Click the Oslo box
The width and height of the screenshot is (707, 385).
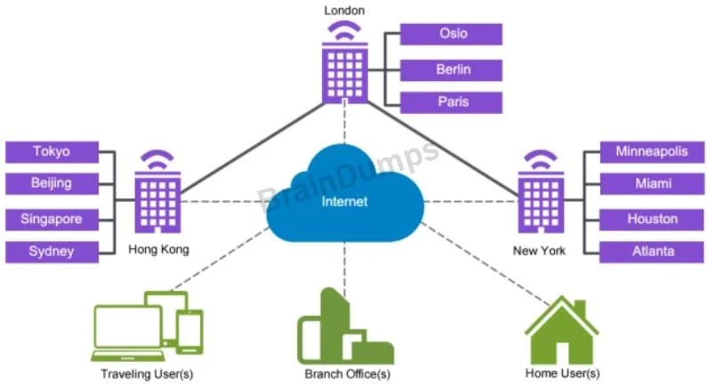click(x=451, y=35)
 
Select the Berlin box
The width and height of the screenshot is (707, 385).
click(x=451, y=70)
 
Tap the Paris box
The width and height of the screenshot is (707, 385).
click(x=451, y=102)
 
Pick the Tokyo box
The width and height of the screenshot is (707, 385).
click(x=52, y=152)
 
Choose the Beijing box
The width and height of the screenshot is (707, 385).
click(x=52, y=183)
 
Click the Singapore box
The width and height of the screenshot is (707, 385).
click(x=52, y=220)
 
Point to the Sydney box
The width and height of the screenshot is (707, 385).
click(x=52, y=252)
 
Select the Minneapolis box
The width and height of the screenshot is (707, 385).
click(x=652, y=152)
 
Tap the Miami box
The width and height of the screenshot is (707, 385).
click(x=652, y=183)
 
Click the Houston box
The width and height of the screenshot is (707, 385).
click(x=652, y=220)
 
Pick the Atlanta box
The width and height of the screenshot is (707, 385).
click(x=652, y=252)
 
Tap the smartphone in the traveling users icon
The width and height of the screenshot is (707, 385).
click(x=189, y=333)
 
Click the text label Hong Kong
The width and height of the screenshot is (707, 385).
click(x=158, y=249)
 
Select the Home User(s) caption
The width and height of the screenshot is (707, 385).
click(x=562, y=373)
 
